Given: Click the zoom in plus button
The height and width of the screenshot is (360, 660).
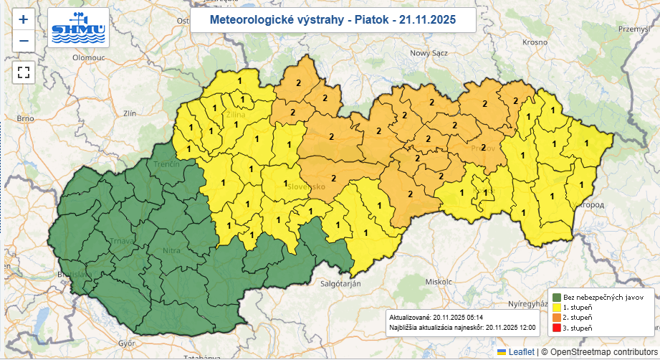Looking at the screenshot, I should [x=24, y=19].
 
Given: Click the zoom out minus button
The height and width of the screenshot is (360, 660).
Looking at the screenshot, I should [x=24, y=41].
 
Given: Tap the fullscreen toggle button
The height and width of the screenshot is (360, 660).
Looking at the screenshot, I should [x=24, y=72].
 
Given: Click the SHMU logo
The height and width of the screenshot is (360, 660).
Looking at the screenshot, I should [x=78, y=27].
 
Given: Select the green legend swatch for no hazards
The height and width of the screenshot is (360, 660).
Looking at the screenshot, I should [x=556, y=297].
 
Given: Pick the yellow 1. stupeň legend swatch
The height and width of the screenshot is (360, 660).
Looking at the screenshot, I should [x=556, y=307].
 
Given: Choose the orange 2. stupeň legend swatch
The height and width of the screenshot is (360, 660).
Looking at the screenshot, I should [x=556, y=317].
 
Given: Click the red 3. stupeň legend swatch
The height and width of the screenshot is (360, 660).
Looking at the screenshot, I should [x=556, y=328].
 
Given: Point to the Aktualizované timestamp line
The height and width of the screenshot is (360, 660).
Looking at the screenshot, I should [x=426, y=316].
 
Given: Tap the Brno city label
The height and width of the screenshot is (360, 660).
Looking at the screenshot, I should [x=26, y=118].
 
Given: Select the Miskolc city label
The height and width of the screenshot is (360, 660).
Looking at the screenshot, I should [x=439, y=282].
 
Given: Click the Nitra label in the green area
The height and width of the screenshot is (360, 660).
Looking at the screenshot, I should [x=172, y=251].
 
